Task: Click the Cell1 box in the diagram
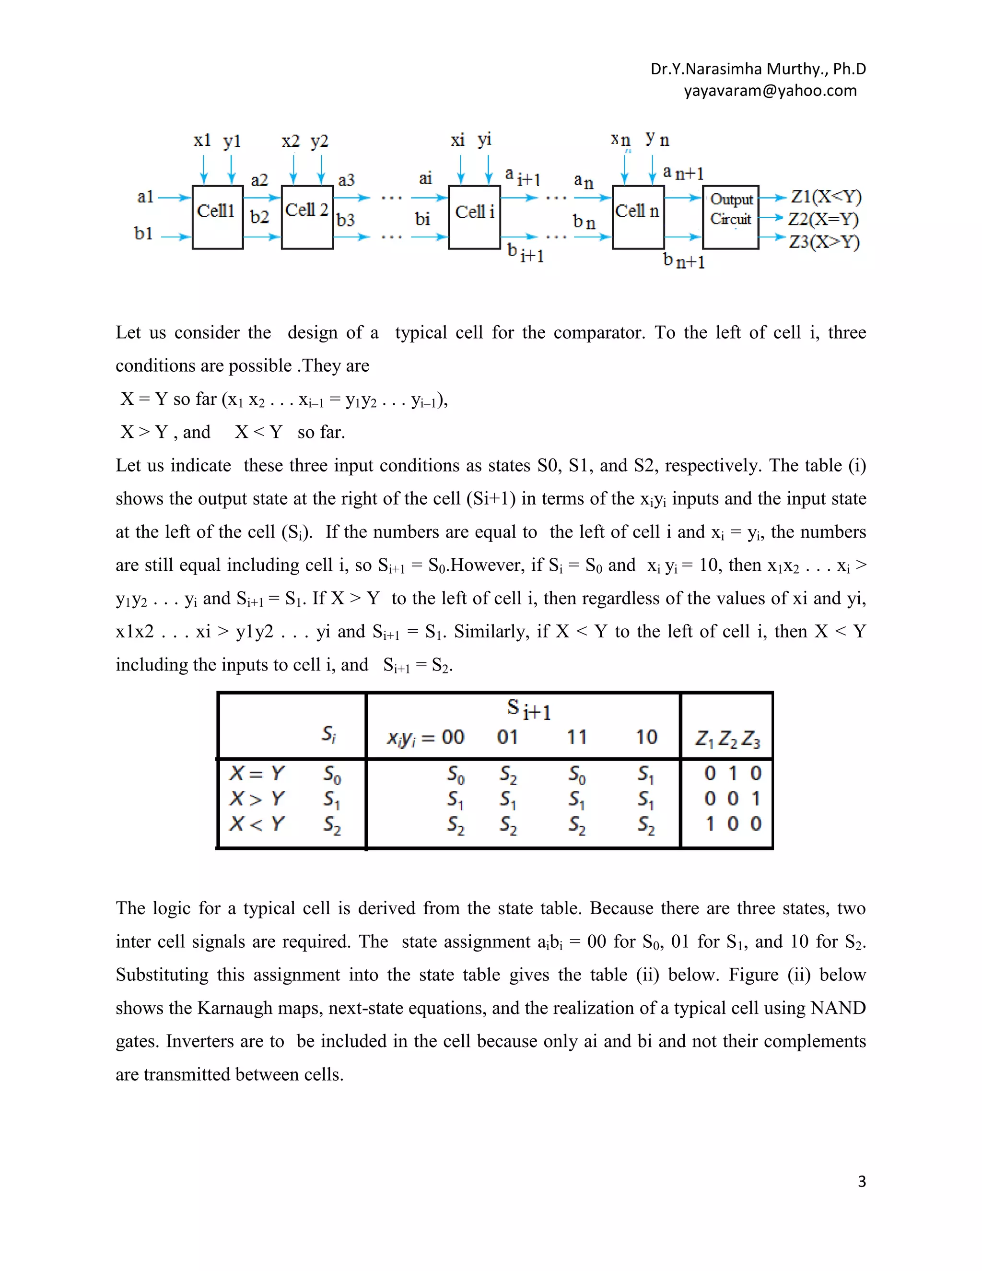pos(217,217)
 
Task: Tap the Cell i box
pos(474,217)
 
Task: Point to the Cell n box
pos(638,217)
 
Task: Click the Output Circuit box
pos(731,217)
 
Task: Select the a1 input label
pos(145,197)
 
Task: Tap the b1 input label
pos(143,234)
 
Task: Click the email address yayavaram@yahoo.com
pos(770,91)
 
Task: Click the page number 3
pos(862,1181)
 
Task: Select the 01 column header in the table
pos(507,737)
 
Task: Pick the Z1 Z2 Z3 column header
pos(727,739)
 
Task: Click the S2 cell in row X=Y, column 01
pos(508,774)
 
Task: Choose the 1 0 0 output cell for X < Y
pos(733,824)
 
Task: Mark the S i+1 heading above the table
pos(528,709)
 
